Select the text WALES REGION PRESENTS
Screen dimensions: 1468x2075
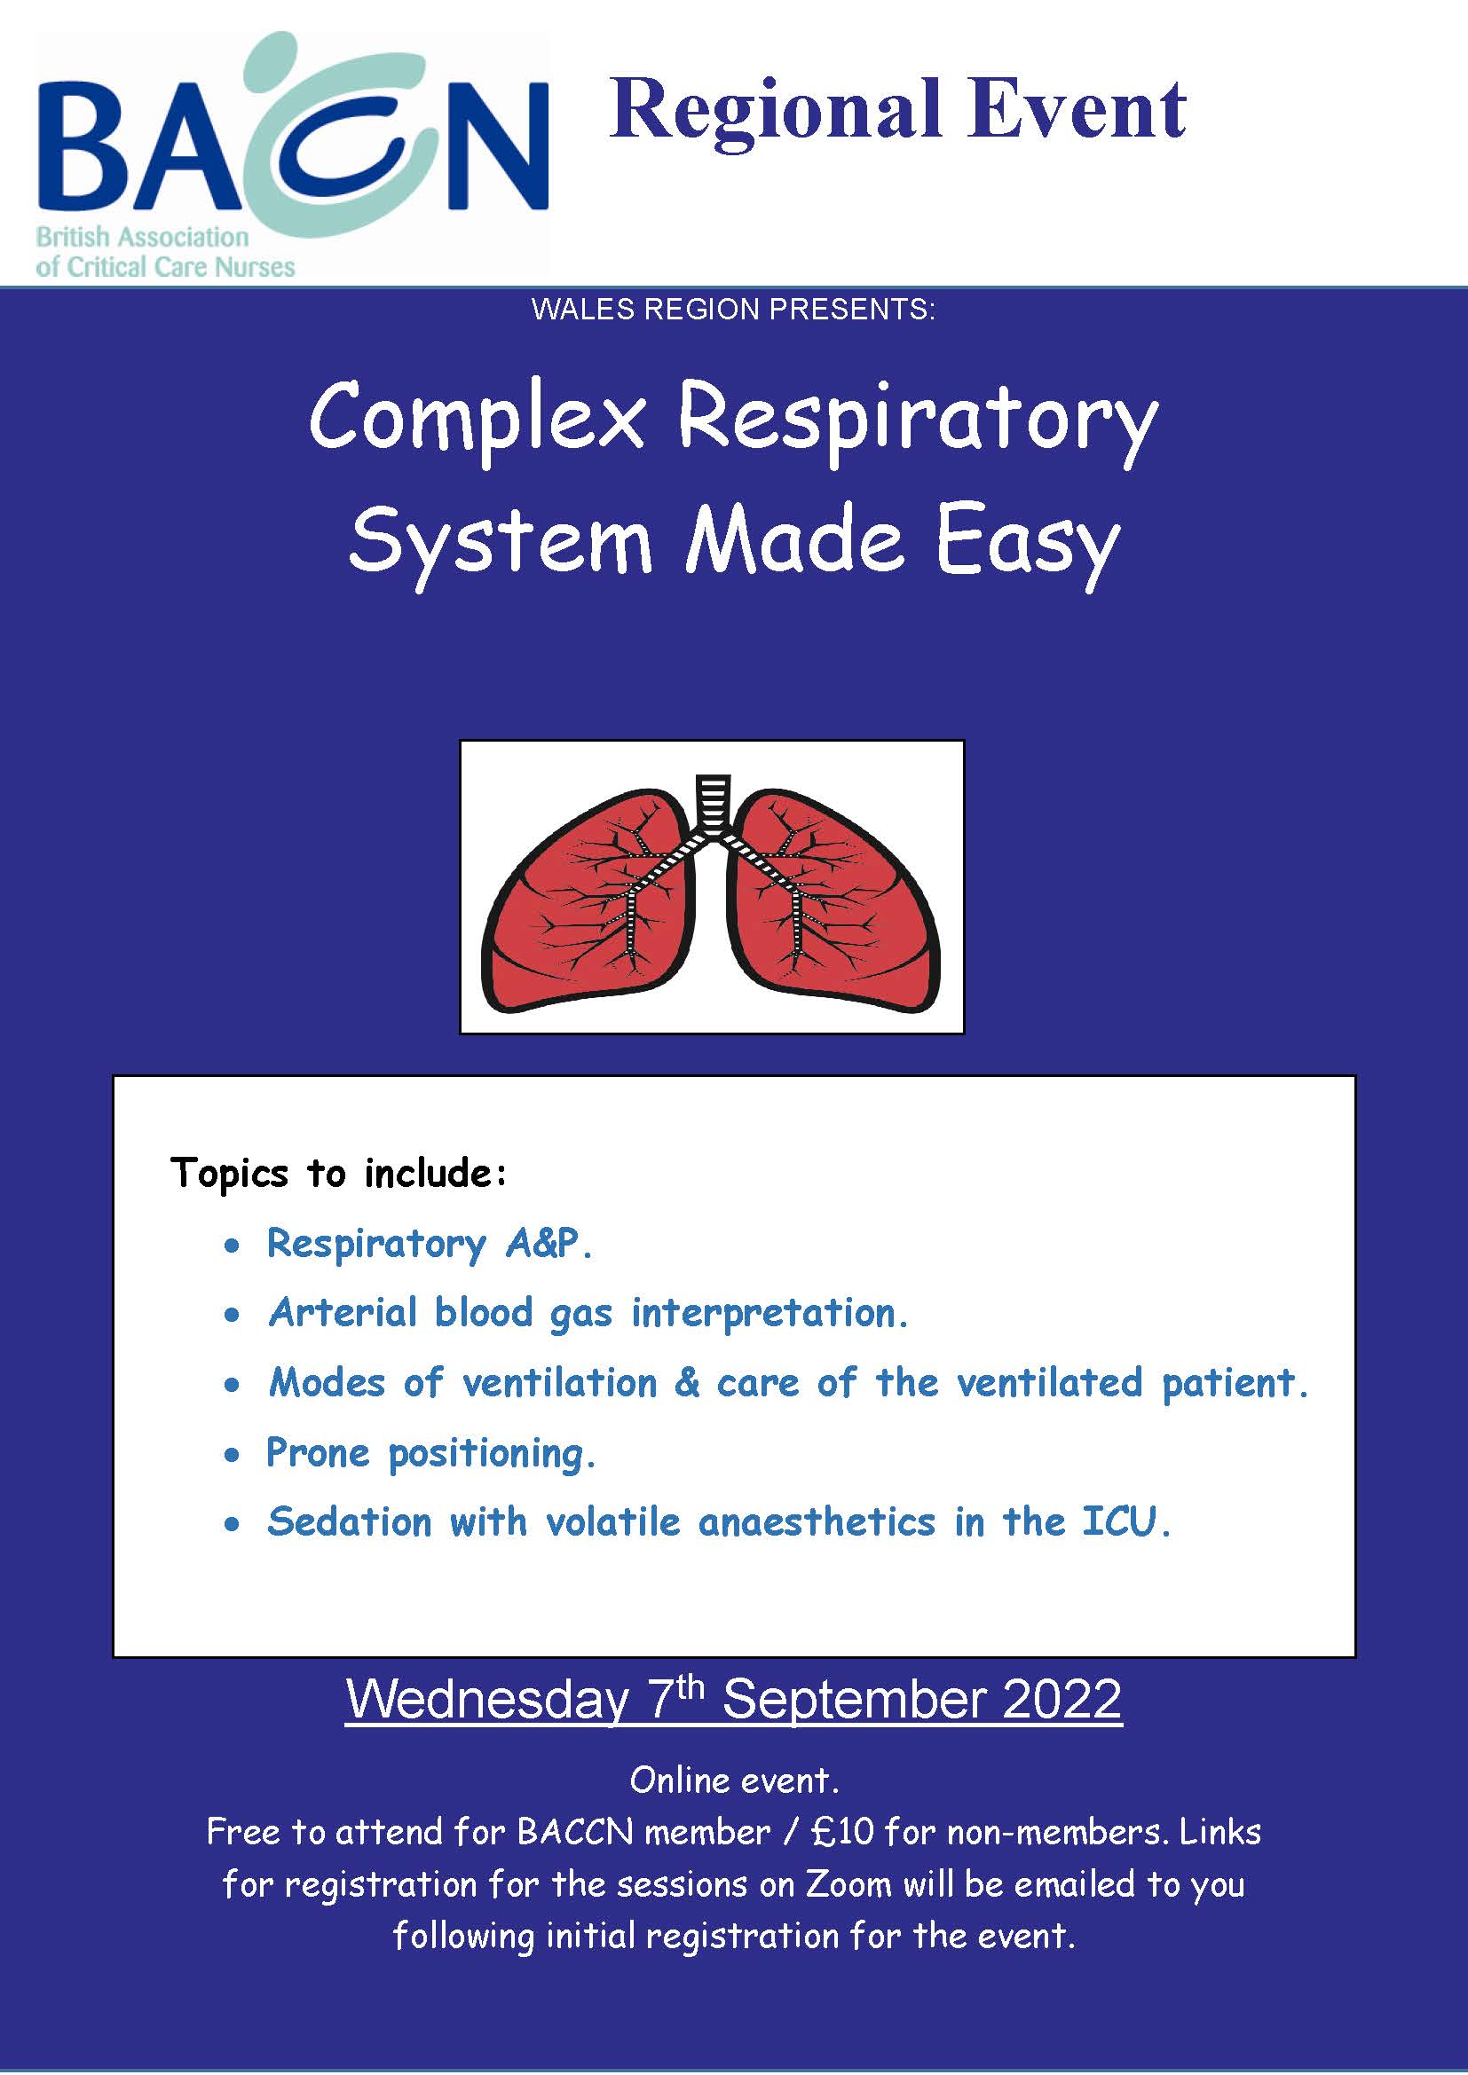pyautogui.click(x=733, y=309)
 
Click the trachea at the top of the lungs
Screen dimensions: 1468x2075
pyautogui.click(x=714, y=799)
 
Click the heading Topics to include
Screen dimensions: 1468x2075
pyautogui.click(x=339, y=1173)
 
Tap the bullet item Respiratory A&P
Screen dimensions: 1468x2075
pyautogui.click(x=430, y=1244)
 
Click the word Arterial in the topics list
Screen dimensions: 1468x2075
pyautogui.click(x=343, y=1312)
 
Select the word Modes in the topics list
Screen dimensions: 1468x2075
pyautogui.click(x=328, y=1383)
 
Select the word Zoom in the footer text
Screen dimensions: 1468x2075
pyautogui.click(x=846, y=1884)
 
